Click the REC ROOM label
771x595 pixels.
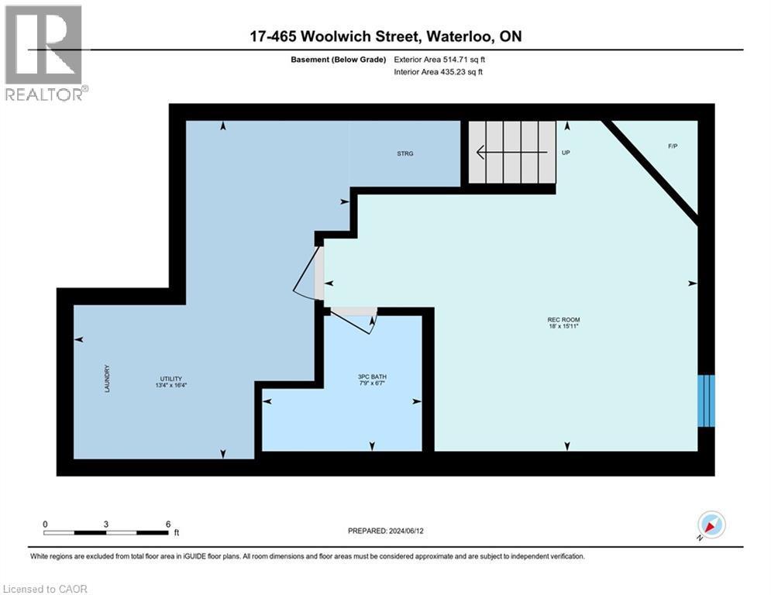(563, 320)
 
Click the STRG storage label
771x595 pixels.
(404, 153)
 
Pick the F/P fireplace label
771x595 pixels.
(672, 146)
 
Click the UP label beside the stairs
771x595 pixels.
(566, 153)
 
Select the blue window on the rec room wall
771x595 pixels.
(705, 401)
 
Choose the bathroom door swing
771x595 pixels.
(355, 320)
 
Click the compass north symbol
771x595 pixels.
(710, 526)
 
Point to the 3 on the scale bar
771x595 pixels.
(105, 524)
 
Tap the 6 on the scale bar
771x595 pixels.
(168, 524)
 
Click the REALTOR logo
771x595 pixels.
(45, 53)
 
